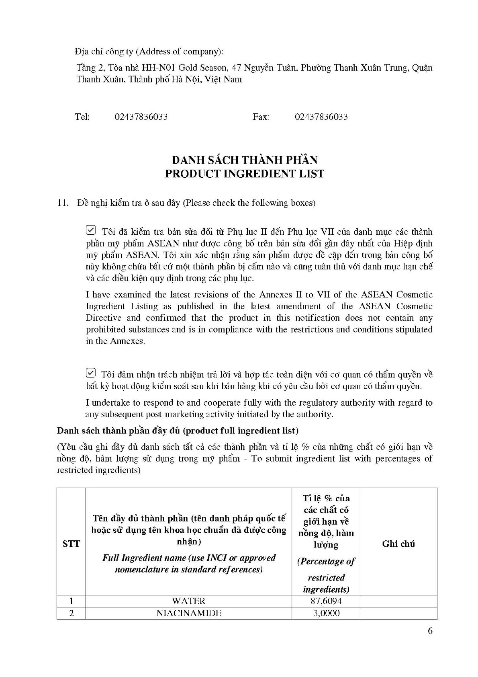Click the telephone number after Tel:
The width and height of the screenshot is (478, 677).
[141, 117]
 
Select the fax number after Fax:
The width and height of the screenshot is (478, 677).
[321, 117]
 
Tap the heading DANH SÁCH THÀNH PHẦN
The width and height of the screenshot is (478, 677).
[245, 160]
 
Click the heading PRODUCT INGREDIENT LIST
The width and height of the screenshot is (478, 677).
[245, 174]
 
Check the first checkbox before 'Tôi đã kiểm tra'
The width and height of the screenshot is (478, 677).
[91, 230]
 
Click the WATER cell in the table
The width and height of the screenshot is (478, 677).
[188, 601]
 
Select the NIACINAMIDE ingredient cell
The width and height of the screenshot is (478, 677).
[188, 613]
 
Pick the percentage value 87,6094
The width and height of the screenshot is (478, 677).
[326, 601]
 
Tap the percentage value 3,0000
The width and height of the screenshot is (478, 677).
[326, 613]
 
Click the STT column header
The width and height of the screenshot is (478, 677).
[71, 544]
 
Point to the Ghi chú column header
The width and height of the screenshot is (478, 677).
[398, 544]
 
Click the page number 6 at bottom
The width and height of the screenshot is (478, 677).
[430, 631]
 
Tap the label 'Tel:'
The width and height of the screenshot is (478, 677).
[82, 117]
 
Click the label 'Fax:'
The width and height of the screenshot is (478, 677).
[261, 117]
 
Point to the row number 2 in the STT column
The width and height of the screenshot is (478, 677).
[71, 613]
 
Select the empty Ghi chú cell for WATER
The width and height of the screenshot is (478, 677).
[398, 601]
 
